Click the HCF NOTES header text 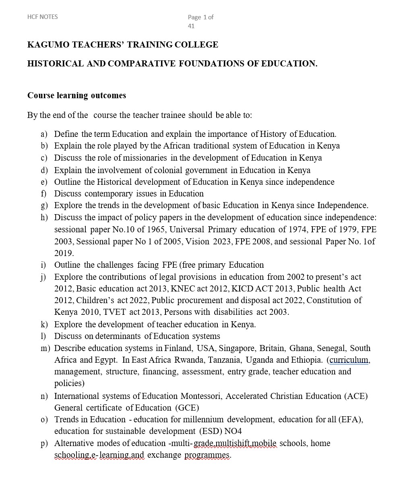[42, 17]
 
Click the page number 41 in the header [191, 26]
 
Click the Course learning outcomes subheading [76, 95]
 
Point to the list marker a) [44, 134]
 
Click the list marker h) [44, 217]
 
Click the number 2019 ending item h [64, 253]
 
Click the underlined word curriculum [349, 360]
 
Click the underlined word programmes [207, 455]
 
